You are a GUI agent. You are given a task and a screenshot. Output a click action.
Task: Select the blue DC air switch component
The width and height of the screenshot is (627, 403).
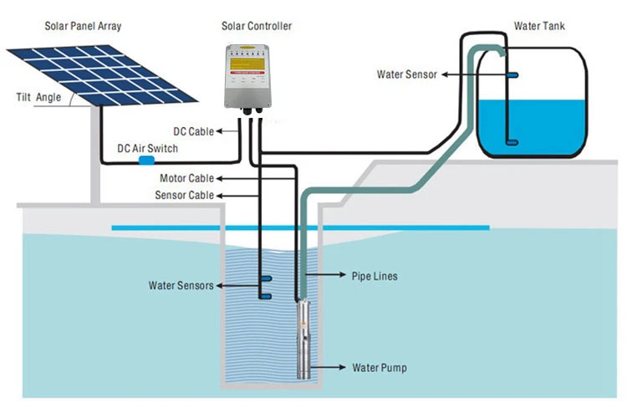tap(148, 159)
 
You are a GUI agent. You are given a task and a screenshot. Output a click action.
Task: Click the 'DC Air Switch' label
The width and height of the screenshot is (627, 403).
tap(147, 148)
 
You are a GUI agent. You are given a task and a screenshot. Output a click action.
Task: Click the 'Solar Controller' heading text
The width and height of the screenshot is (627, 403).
tap(257, 27)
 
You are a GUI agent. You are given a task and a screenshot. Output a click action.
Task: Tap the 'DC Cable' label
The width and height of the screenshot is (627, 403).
tap(192, 131)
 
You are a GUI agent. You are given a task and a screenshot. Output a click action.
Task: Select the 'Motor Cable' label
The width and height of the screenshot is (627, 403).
tap(186, 178)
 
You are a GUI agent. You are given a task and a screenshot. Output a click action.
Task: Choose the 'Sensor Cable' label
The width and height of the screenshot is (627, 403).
tap(184, 195)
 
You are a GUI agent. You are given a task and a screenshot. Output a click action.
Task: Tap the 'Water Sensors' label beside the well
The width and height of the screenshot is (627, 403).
tap(181, 285)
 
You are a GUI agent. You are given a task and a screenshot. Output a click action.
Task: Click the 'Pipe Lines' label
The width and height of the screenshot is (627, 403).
tap(375, 275)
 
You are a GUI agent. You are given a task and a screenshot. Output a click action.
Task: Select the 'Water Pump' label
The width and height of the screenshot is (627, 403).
tap(379, 367)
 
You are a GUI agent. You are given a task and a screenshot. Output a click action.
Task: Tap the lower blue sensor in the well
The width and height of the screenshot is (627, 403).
tap(264, 295)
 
